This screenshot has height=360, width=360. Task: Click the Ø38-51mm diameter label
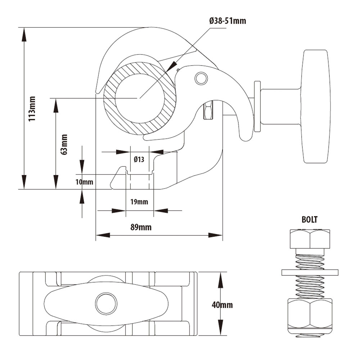[228, 21]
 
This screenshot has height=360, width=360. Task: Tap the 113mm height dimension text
[32, 108]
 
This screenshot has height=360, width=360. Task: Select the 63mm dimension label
[64, 144]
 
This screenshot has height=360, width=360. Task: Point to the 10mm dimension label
[84, 182]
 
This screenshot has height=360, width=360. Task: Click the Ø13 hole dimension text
[139, 159]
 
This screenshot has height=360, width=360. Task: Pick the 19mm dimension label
[139, 202]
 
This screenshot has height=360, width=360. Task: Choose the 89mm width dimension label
[141, 227]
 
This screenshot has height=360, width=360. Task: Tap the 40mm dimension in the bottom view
[222, 305]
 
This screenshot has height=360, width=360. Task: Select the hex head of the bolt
[310, 238]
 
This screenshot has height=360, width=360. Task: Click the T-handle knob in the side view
[316, 107]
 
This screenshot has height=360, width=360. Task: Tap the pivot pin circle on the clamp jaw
[201, 78]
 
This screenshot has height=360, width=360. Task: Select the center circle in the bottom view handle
[106, 303]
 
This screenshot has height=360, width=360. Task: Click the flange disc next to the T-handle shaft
[257, 106]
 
